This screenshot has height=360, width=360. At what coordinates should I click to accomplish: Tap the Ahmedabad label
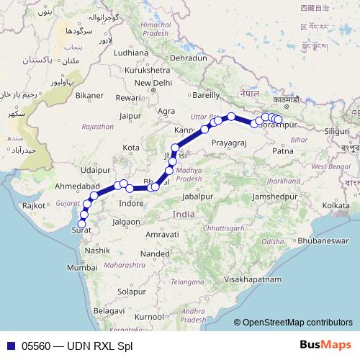click(76, 186)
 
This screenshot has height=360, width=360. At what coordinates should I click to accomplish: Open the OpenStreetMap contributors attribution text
click(297, 323)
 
